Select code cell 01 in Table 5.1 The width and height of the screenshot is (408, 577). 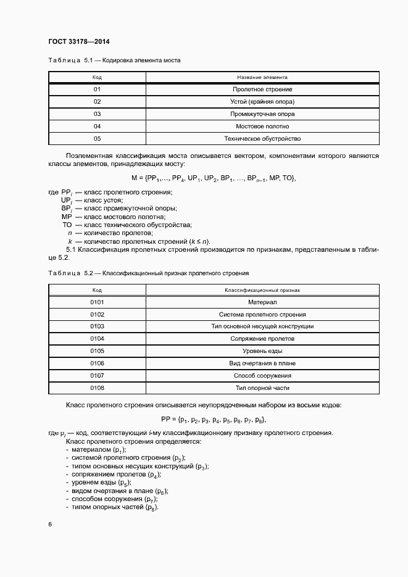tap(97, 89)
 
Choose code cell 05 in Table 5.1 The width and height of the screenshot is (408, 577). tap(97, 139)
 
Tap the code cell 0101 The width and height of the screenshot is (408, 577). tap(97, 302)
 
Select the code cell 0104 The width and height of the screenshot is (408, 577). tap(97, 339)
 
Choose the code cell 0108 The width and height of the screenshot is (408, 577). tap(97, 388)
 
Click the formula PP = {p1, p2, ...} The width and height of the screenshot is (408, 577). tap(214, 420)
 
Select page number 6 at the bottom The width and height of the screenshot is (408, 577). tap(50, 525)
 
